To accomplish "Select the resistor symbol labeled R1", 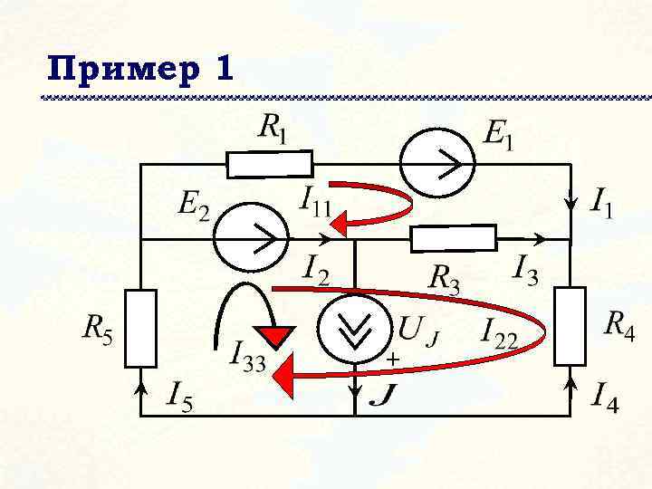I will click(269, 164).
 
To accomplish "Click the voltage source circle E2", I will click(251, 239).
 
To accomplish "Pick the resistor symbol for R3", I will click(454, 239).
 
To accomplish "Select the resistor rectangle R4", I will click(571, 325).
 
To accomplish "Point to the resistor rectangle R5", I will click(140, 325).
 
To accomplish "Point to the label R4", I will click(619, 323).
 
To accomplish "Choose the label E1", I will click(499, 136).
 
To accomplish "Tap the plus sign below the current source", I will click(393, 360).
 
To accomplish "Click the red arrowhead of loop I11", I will click(339, 220).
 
